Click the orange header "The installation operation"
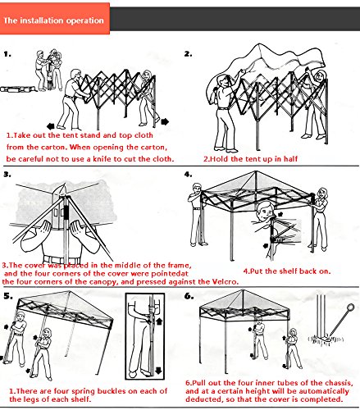coord(53,20)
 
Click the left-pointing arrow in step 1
coord(51,126)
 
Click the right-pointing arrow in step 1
coord(165,121)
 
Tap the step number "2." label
coord(188,54)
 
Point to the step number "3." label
coord(7,174)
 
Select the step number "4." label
coord(188,174)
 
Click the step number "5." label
coord(8,296)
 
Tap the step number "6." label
coord(189,296)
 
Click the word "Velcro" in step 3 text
coord(224,282)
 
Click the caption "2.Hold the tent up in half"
coord(250,159)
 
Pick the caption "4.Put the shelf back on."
coord(287,271)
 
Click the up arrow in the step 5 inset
coord(159,321)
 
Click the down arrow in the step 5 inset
coord(158,370)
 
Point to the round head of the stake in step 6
coord(350,307)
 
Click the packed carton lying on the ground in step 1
coord(18,89)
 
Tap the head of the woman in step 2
coord(321,75)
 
